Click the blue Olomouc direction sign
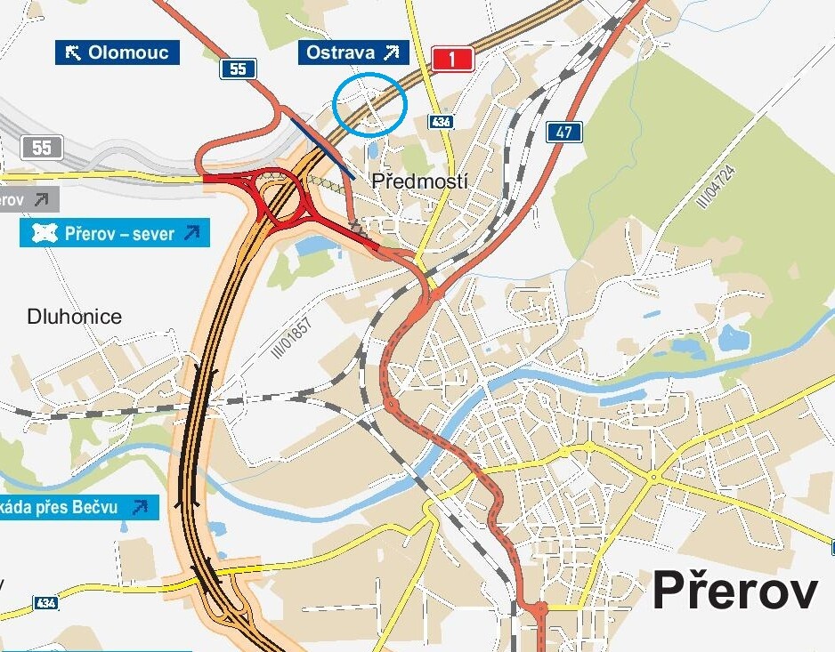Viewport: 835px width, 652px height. click(x=117, y=52)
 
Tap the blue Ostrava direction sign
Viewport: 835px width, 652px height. click(x=353, y=52)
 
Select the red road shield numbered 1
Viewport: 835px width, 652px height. click(x=453, y=60)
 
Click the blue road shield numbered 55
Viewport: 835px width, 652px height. click(x=238, y=68)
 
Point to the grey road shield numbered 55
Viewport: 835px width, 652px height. click(x=42, y=148)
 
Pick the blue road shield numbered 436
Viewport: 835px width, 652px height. click(x=440, y=121)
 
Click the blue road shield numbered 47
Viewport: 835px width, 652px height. click(x=564, y=133)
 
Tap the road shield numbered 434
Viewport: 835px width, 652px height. click(x=47, y=603)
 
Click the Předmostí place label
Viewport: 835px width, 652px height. click(x=419, y=181)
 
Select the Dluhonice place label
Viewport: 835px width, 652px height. click(x=75, y=317)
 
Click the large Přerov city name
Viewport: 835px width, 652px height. click(x=735, y=591)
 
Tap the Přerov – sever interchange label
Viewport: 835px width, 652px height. click(x=115, y=234)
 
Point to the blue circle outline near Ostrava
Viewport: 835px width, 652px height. click(x=370, y=105)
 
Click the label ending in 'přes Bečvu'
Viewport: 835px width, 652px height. click(x=75, y=507)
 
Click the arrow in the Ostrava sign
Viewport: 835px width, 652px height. click(x=391, y=52)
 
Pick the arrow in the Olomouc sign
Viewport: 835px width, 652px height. click(x=73, y=52)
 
